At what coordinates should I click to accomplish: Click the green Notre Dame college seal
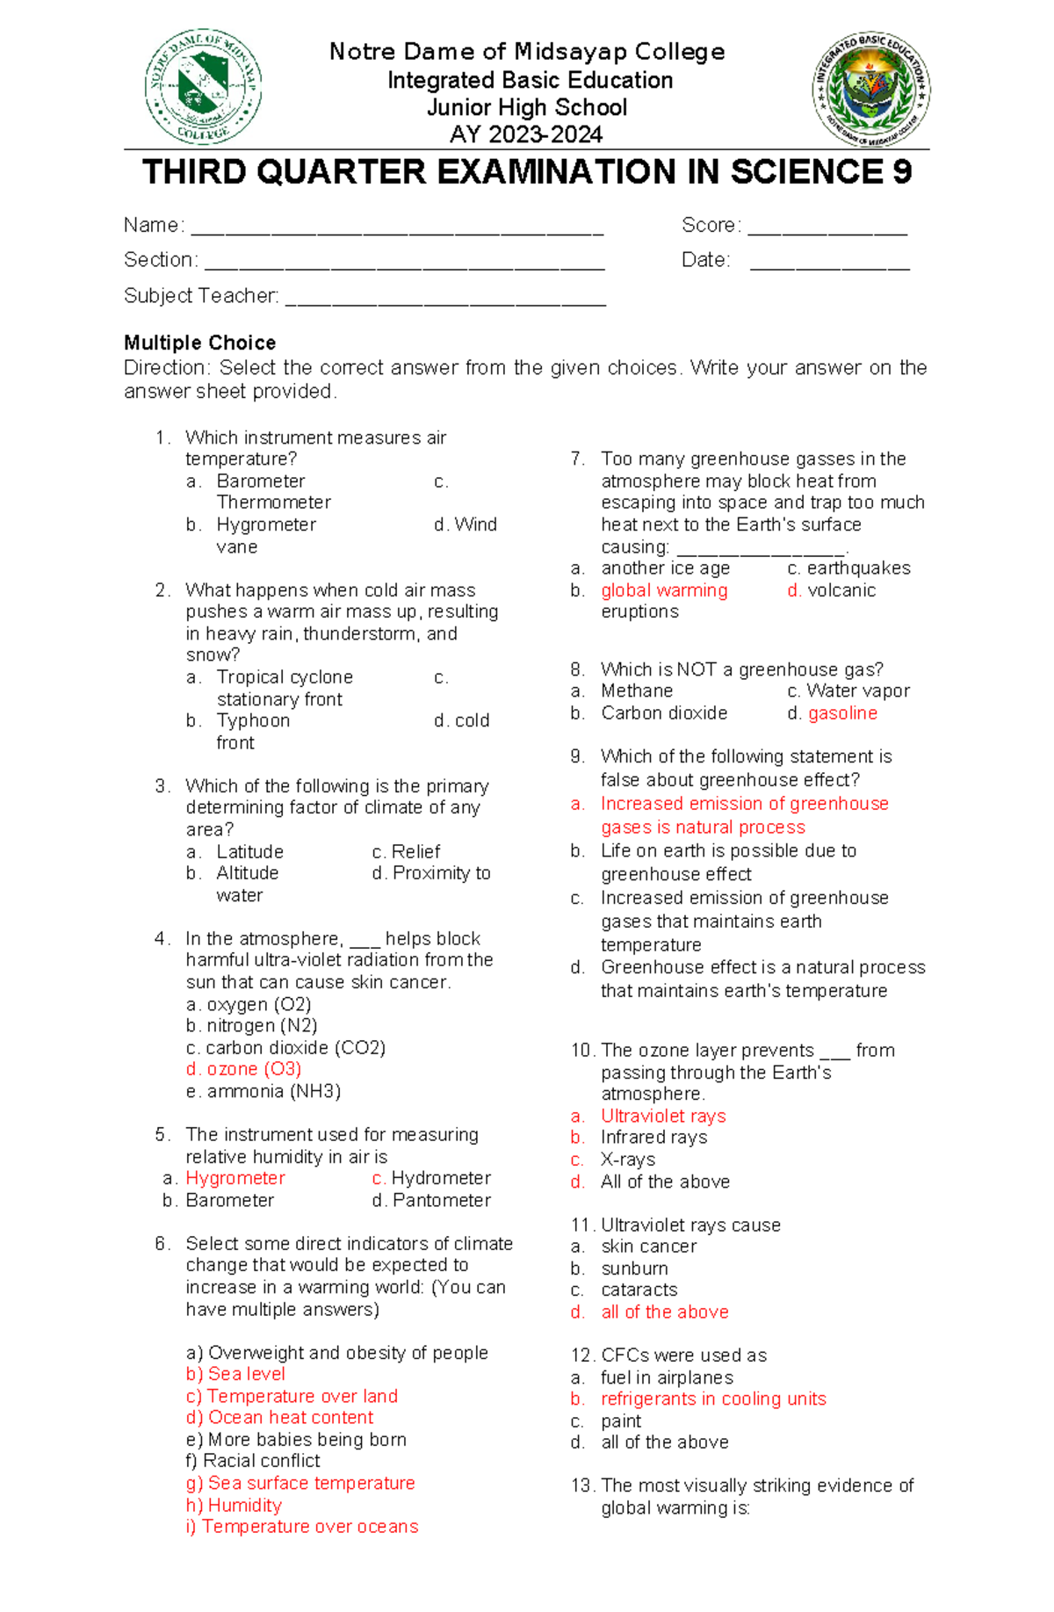pos(203,87)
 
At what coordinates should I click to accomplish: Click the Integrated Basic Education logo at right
pos(870,89)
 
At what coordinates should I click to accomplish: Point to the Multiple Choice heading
pos(199,343)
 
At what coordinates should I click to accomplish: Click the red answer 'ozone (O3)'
pos(254,1069)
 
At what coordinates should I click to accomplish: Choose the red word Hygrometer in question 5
pos(235,1178)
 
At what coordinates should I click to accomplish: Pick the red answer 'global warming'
pos(664,590)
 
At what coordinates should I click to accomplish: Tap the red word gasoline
pos(842,713)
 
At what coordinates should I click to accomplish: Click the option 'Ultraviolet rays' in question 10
pos(663,1117)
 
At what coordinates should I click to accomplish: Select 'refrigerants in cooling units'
pos(713,1399)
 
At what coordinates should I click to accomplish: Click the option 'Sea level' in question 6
pos(246,1374)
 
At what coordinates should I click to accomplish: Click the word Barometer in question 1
pos(261,481)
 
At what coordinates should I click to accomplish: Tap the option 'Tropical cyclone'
pos(285,677)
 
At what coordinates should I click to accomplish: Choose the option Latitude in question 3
pos(249,852)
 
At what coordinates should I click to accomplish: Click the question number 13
pos(582,1485)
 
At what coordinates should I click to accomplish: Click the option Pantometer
pos(441,1200)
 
